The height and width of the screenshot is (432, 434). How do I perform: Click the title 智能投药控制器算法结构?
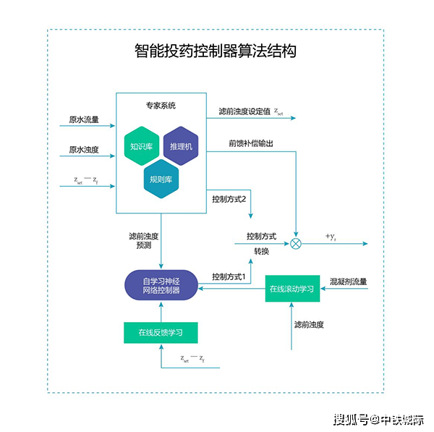click(x=216, y=51)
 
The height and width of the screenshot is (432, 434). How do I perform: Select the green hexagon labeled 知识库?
click(x=140, y=147)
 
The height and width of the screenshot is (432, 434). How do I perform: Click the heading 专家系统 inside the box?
click(x=160, y=106)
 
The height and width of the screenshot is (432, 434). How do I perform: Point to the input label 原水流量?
click(x=84, y=119)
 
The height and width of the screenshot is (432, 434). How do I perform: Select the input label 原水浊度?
click(x=84, y=151)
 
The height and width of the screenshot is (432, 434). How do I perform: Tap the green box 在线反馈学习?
click(x=161, y=333)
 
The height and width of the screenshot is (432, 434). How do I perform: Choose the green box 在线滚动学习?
click(x=292, y=289)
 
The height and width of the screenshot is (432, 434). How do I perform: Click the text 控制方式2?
click(x=229, y=198)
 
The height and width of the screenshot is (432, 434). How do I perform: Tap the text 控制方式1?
click(x=229, y=276)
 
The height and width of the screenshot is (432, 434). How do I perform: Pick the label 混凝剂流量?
click(x=349, y=281)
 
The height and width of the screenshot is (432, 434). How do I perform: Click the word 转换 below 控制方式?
click(x=261, y=251)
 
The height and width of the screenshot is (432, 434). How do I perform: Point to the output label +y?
click(x=331, y=237)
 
